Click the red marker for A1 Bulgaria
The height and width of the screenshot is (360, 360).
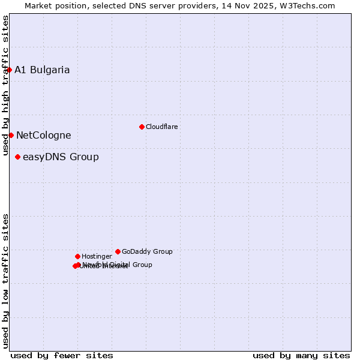tap(9, 70)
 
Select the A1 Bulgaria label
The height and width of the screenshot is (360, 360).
tap(42, 70)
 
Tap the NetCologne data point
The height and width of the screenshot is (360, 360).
tap(11, 135)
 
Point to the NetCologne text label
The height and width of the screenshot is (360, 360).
tap(43, 136)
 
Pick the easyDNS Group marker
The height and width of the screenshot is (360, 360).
tap(17, 157)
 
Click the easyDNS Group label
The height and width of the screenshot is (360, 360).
tap(61, 157)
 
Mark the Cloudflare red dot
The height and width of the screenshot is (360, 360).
tap(142, 127)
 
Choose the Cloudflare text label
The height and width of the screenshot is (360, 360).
tap(161, 127)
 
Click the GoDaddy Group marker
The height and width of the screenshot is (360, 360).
tap(118, 251)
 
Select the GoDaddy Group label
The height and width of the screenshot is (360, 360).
tap(147, 252)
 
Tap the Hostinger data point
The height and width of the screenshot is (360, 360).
tap(77, 256)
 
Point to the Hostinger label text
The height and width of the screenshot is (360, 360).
tap(97, 257)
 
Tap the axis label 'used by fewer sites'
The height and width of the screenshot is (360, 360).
tap(62, 355)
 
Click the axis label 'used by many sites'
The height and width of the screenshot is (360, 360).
tap(301, 355)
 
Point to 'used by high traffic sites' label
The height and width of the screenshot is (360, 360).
tap(6, 85)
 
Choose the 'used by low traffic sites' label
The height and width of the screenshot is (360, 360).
tap(6, 281)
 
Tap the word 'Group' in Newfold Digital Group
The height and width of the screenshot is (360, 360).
tap(142, 265)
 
